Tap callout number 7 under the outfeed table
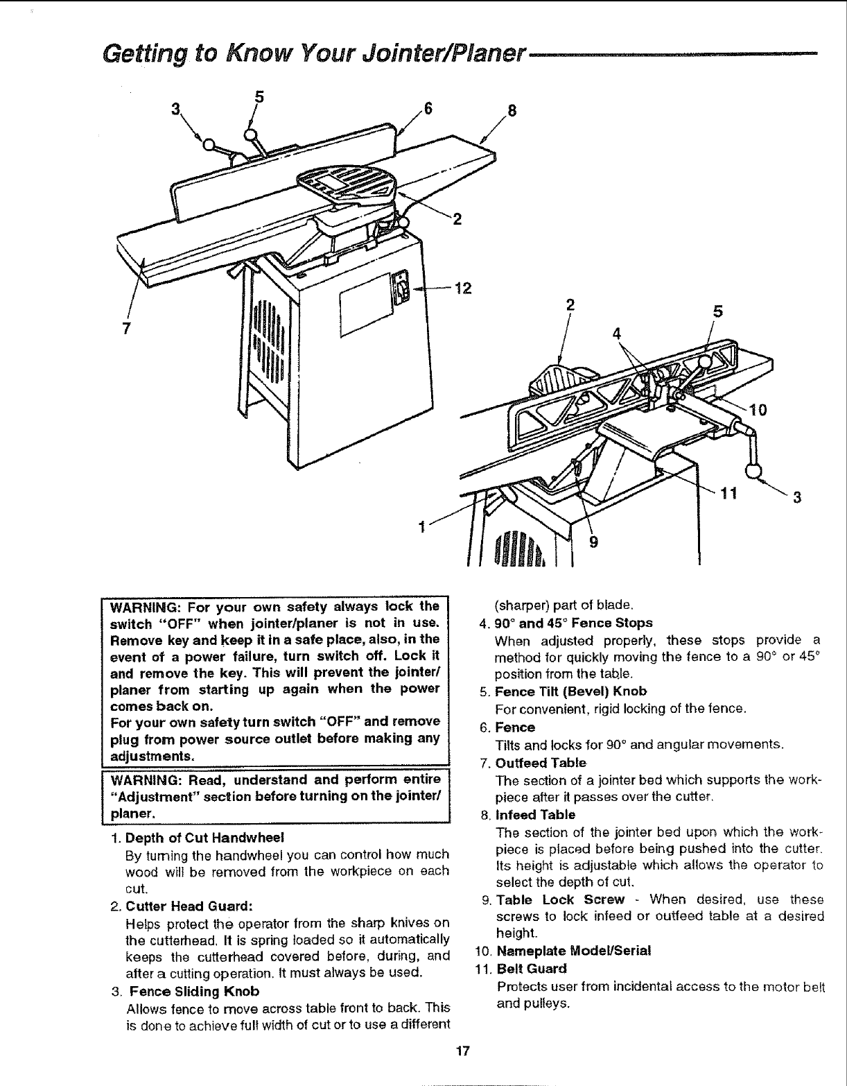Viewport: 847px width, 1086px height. pyautogui.click(x=126, y=328)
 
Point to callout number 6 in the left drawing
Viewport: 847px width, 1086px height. pyautogui.click(x=428, y=109)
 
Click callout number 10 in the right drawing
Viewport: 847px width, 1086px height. pyautogui.click(x=758, y=410)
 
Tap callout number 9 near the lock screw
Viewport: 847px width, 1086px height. pyautogui.click(x=593, y=543)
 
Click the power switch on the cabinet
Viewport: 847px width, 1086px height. pyautogui.click(x=399, y=288)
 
